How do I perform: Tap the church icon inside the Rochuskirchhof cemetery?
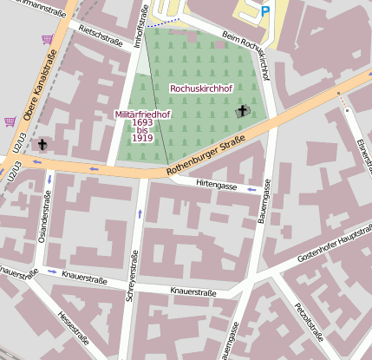click(x=243, y=110)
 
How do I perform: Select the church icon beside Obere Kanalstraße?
click(x=42, y=143)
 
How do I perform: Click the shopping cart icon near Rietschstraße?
click(x=47, y=39)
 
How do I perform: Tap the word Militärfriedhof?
click(x=144, y=114)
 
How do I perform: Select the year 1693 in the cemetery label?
click(x=143, y=122)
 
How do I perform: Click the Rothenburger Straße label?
click(x=205, y=160)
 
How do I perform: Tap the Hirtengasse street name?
click(x=216, y=186)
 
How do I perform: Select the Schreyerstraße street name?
click(x=132, y=273)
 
